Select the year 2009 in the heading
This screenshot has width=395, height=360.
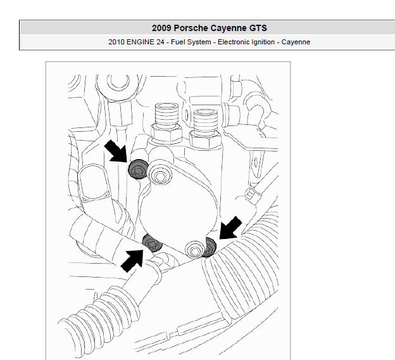161,28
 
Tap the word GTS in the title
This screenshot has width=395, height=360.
258,28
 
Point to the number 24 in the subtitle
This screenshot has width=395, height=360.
160,42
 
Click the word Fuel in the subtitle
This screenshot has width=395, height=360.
178,42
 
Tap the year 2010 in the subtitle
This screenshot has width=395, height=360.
116,42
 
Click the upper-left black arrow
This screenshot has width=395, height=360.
116,151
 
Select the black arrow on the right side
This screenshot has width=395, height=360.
230,228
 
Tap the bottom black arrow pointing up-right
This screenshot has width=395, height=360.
132,260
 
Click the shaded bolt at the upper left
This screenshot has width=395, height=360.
138,169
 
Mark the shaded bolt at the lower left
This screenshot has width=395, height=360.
152,243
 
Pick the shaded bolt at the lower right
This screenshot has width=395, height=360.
210,247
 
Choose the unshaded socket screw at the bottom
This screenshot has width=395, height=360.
195,250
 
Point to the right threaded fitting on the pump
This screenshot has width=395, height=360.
206,129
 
